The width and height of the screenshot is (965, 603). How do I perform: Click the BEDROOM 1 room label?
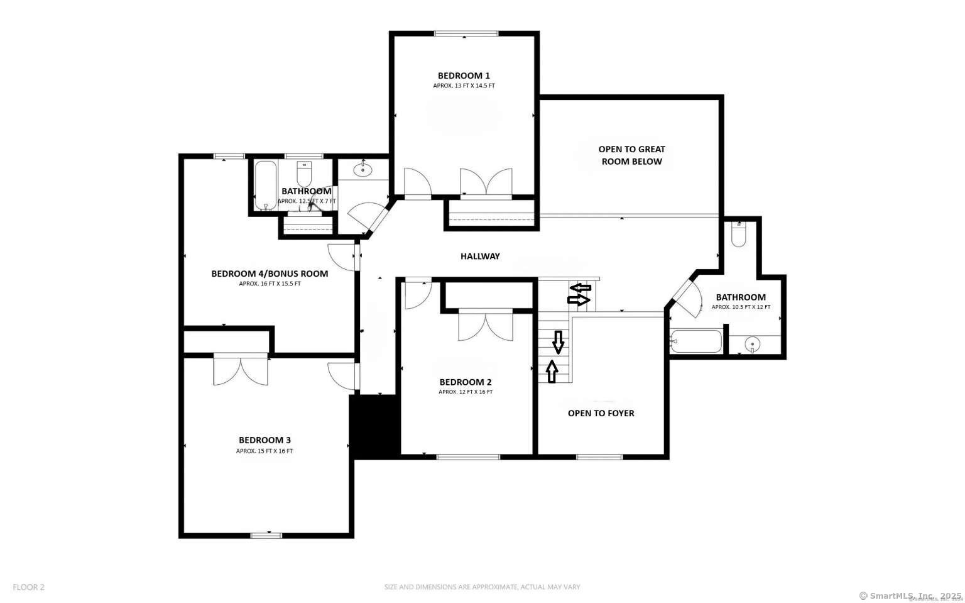[464, 76]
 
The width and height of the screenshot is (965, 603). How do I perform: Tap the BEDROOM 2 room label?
[466, 382]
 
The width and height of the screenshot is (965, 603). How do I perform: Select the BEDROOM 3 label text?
[264, 440]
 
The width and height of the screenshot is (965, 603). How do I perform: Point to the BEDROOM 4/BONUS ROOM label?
[270, 274]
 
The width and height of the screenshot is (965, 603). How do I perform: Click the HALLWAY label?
[480, 256]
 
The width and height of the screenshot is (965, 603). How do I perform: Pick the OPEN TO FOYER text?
[601, 413]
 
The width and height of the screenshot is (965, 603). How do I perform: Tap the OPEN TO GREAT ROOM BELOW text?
[631, 155]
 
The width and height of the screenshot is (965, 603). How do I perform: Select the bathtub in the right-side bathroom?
[696, 341]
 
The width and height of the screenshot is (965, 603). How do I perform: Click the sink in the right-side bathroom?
[752, 344]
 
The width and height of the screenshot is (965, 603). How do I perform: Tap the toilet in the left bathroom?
[304, 174]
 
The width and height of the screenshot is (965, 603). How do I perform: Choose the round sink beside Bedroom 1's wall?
[363, 169]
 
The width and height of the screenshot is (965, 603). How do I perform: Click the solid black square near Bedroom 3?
[375, 426]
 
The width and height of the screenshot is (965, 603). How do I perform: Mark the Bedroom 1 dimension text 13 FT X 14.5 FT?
[464, 86]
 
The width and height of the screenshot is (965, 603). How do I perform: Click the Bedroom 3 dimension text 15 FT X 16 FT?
[264, 451]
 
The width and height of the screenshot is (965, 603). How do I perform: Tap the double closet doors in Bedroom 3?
[241, 369]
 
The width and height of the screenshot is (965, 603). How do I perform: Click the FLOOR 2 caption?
[29, 587]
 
